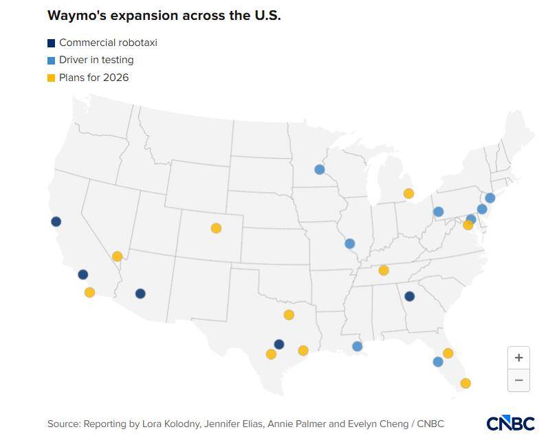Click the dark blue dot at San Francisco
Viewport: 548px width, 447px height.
click(x=56, y=221)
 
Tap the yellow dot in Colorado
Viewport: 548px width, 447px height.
click(x=216, y=228)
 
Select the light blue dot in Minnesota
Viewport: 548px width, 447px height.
click(x=319, y=169)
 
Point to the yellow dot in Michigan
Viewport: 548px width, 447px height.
click(x=408, y=194)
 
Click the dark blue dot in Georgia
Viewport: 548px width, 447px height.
click(x=409, y=296)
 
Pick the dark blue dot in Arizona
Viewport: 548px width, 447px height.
click(x=140, y=293)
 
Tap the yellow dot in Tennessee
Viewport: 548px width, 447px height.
click(x=384, y=270)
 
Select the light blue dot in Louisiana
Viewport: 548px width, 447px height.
click(x=357, y=346)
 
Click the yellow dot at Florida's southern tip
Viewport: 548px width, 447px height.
click(x=465, y=383)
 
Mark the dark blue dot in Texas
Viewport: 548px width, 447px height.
click(x=278, y=344)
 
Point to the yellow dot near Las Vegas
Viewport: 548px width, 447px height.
click(x=117, y=256)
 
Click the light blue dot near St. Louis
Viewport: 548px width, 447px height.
click(x=349, y=244)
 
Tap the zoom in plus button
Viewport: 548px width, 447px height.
click(x=518, y=358)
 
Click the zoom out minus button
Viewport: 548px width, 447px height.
click(x=518, y=380)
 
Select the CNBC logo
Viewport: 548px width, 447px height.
click(x=510, y=424)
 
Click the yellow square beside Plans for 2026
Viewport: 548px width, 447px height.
click(x=51, y=78)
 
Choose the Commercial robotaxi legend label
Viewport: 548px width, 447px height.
click(x=108, y=43)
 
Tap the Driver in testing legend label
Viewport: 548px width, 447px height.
click(x=96, y=60)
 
